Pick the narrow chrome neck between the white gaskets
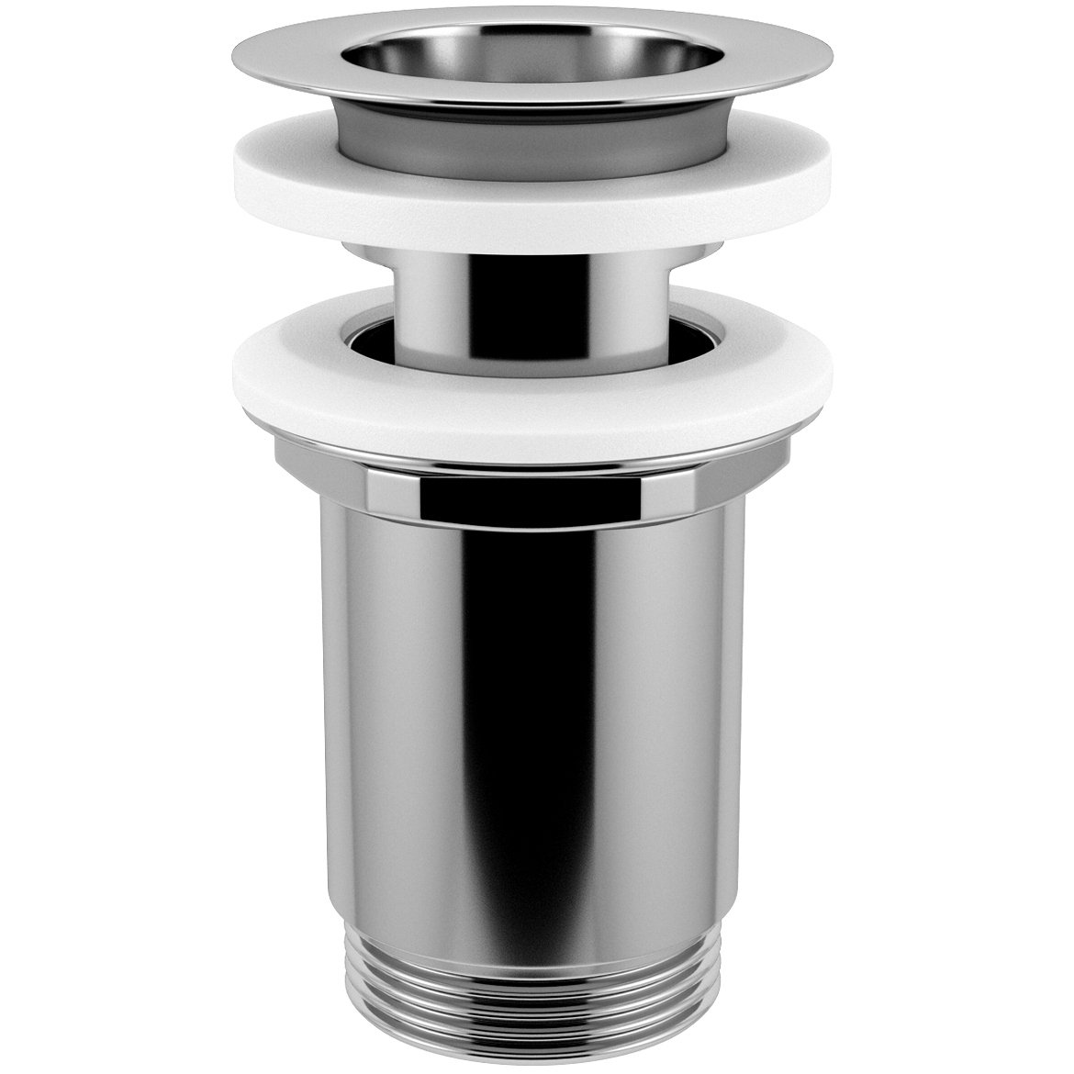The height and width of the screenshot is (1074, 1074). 532,294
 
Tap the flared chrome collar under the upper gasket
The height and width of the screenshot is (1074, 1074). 532,252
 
